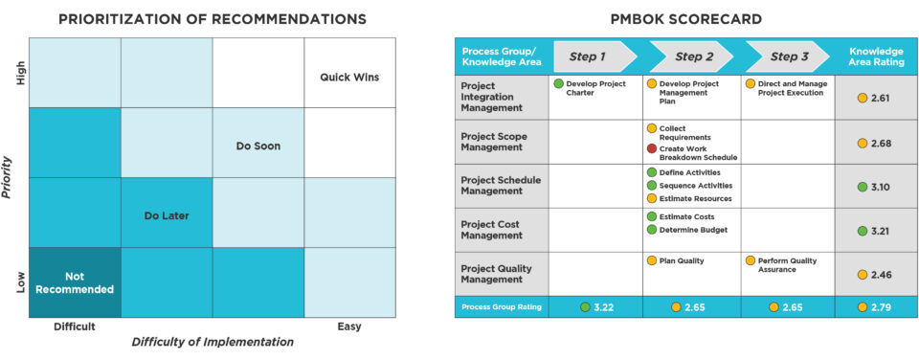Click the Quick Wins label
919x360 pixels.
[349, 77]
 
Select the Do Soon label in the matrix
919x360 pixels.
[258, 146]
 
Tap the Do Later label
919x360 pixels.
[167, 215]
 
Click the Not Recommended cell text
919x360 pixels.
[75, 282]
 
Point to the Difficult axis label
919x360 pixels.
[75, 326]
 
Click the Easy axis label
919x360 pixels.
[349, 326]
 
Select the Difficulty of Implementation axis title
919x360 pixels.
[213, 342]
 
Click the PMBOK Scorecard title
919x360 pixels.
[686, 19]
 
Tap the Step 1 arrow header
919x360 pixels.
[594, 56]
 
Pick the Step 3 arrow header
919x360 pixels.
[787, 56]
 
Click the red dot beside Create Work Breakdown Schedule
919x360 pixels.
[652, 149]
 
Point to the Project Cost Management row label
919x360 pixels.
[490, 230]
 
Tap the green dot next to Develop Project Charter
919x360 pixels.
[558, 84]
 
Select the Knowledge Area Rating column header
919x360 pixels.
[876, 56]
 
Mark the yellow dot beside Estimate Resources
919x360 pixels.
[652, 198]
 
